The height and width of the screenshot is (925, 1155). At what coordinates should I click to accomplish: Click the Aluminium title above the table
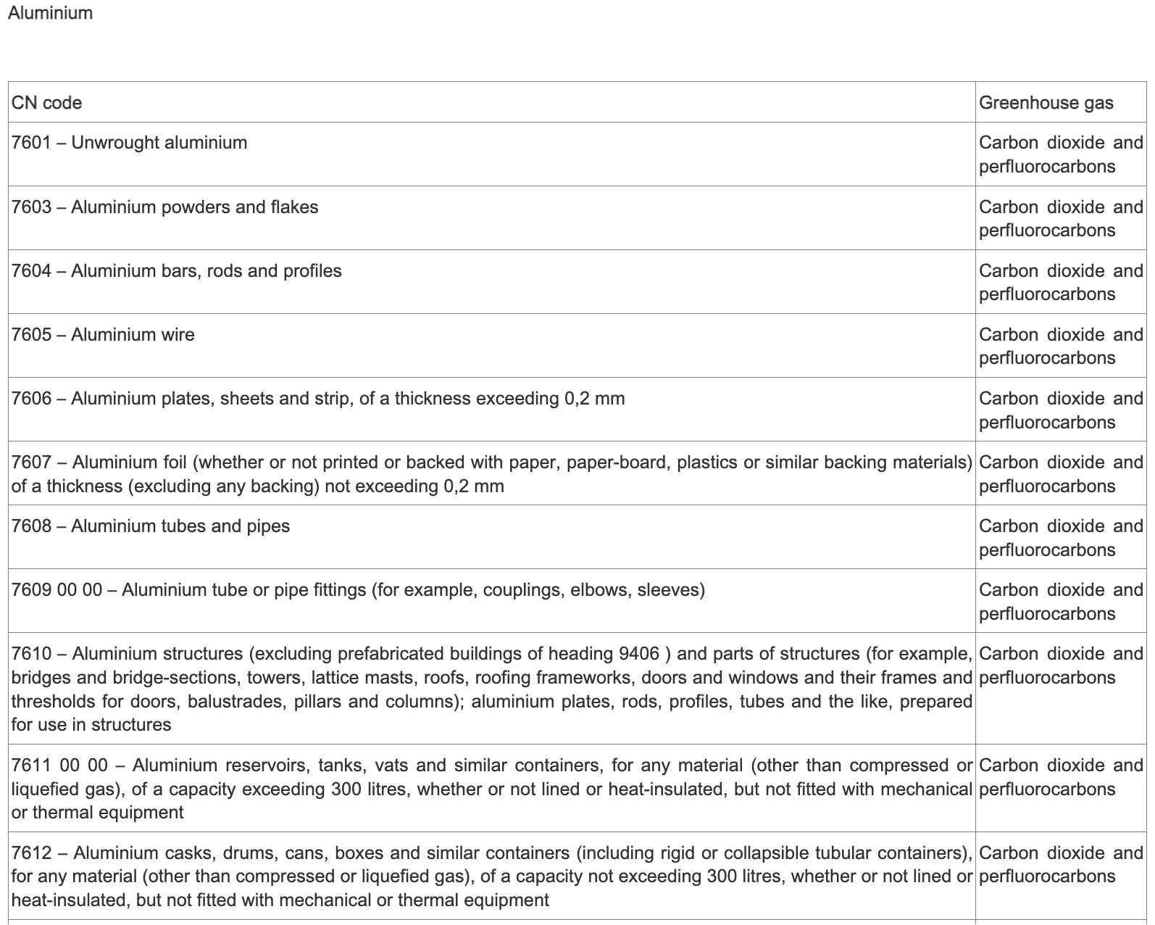pos(50,13)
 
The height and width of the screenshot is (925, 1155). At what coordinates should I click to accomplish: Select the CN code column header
pos(46,103)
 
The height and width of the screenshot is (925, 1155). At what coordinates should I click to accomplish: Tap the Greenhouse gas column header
pos(1046,103)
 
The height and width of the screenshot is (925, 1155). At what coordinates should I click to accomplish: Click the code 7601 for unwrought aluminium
pos(31,143)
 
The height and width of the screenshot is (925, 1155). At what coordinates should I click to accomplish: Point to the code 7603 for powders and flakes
pos(31,207)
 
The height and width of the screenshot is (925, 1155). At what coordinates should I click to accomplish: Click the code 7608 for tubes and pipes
pos(31,526)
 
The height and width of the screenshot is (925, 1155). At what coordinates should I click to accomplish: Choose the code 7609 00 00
pos(57,590)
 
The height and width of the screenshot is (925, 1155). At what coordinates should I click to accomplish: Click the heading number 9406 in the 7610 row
pos(639,654)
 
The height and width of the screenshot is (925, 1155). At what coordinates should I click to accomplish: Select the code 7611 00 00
pos(59,766)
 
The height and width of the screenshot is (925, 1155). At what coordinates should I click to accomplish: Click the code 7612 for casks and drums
pos(31,853)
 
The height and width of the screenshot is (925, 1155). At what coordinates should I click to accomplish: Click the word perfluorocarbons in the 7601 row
pos(1047,167)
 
